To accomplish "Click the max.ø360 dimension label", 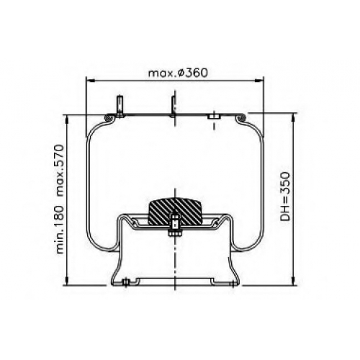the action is pyautogui.click(x=178, y=73).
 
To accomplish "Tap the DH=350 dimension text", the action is pyautogui.click(x=286, y=197).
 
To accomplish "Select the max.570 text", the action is pyautogui.click(x=60, y=171).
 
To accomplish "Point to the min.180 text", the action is pyautogui.click(x=60, y=230).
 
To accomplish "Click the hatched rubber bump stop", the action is pyautogui.click(x=175, y=211).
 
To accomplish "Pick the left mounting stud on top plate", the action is pyautogui.click(x=120, y=107).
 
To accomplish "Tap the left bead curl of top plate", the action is pyautogui.click(x=109, y=117).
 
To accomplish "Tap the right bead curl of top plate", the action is pyautogui.click(x=240, y=117).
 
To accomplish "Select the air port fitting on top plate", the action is pyautogui.click(x=214, y=117).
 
